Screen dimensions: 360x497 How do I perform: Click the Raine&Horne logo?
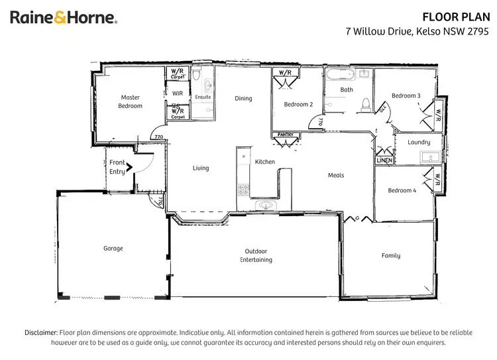pyautogui.click(x=64, y=18)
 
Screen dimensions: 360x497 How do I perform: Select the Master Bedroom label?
pyautogui.click(x=130, y=101)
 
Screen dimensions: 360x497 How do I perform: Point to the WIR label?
pyautogui.click(x=177, y=93)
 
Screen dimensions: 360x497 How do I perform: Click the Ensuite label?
pyautogui.click(x=203, y=97)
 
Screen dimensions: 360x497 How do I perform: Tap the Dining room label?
pyautogui.click(x=243, y=99)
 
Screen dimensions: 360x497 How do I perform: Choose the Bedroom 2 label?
pyautogui.click(x=298, y=104)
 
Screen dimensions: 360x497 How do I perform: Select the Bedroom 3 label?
pyautogui.click(x=406, y=95)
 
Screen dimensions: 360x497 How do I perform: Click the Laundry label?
pyautogui.click(x=419, y=142)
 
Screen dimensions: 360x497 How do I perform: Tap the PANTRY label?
pyautogui.click(x=284, y=135)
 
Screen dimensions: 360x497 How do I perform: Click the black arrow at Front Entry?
pyautogui.click(x=130, y=167)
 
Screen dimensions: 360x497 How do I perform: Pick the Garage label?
pyautogui.click(x=113, y=249)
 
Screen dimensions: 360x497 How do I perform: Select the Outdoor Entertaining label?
pyautogui.click(x=256, y=255)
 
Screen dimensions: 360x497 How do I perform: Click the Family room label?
pyautogui.click(x=390, y=255)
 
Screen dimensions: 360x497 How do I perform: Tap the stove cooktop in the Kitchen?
pyautogui.click(x=243, y=190)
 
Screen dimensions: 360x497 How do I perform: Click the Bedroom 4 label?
pyautogui.click(x=402, y=190)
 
